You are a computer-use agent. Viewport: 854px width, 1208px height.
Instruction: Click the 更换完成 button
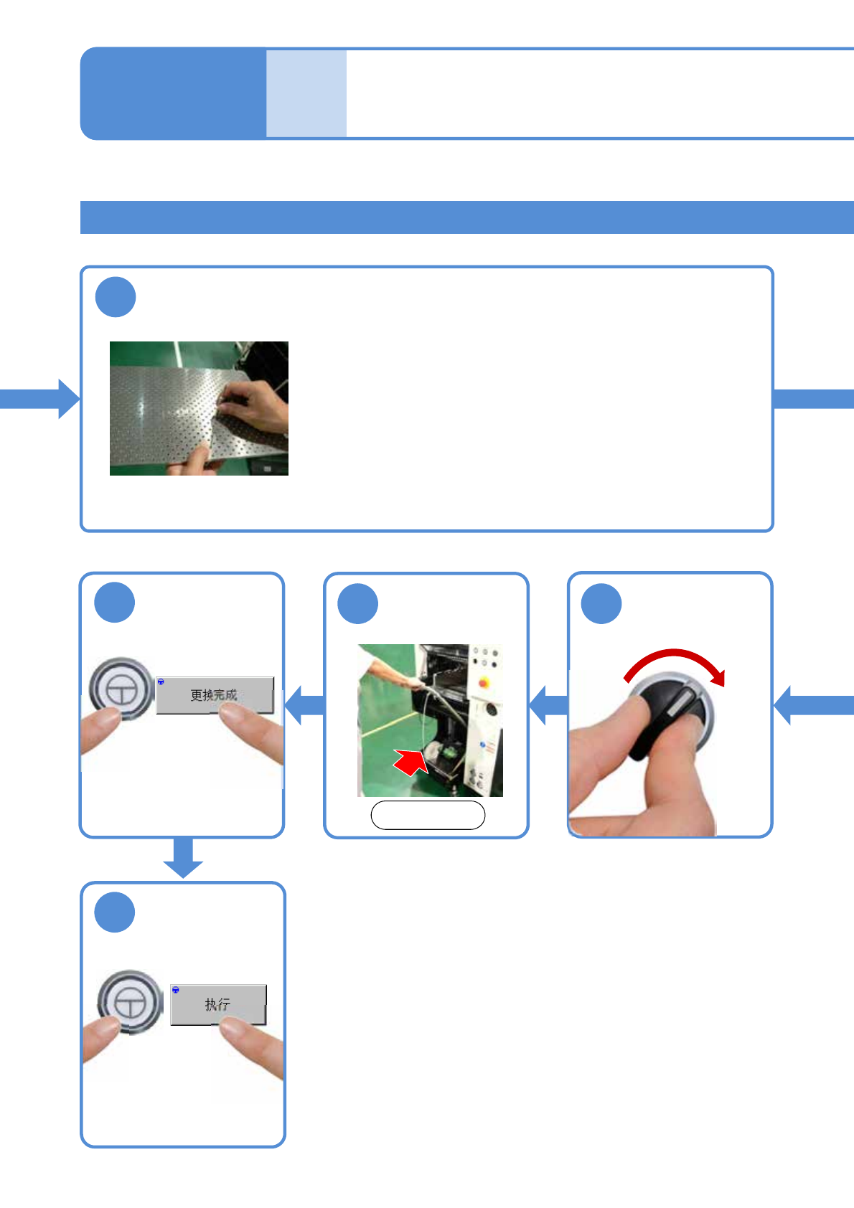tap(214, 694)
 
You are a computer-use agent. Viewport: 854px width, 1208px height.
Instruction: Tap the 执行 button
tap(217, 1004)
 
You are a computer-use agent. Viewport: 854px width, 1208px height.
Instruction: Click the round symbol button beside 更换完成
tap(121, 689)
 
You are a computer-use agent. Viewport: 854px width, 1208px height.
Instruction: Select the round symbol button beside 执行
tap(130, 1002)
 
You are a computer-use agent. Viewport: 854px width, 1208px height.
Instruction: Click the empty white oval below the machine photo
tap(428, 815)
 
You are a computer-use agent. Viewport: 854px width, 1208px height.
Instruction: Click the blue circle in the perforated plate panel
tap(116, 297)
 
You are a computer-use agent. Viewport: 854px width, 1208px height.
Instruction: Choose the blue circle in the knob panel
tap(601, 603)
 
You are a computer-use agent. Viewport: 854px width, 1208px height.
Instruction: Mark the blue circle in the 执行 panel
tap(115, 912)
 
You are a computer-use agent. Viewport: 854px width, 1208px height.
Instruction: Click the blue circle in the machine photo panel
tap(357, 603)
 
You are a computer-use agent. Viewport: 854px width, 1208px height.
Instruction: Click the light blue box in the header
tap(306, 93)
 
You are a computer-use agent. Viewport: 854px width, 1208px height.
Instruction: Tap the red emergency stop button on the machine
tap(484, 682)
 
